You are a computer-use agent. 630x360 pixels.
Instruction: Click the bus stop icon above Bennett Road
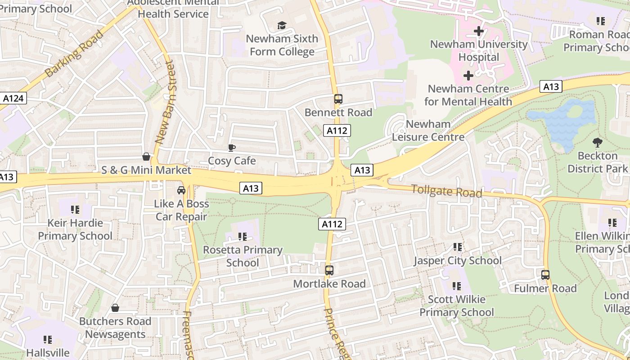(x=338, y=99)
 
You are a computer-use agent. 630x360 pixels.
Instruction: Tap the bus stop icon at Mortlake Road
(x=329, y=270)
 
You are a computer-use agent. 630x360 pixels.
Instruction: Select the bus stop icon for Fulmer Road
(x=545, y=275)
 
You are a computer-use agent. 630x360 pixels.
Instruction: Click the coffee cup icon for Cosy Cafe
(x=232, y=148)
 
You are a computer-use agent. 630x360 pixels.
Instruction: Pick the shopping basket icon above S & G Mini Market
(x=146, y=157)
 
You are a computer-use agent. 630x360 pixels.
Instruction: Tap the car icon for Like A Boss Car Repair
(x=181, y=190)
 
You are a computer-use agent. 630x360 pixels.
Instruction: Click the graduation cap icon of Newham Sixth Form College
(x=282, y=25)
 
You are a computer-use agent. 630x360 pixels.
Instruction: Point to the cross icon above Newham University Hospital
(x=479, y=31)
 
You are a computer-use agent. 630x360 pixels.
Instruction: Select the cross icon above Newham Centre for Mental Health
(x=468, y=75)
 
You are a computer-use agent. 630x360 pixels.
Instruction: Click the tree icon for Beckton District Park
(x=598, y=143)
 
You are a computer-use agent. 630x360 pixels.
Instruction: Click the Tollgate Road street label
(x=446, y=191)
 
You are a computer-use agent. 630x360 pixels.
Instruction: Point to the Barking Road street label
(x=74, y=53)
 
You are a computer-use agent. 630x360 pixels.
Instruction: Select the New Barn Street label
(x=164, y=103)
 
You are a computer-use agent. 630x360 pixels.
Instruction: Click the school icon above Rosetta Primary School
(x=243, y=236)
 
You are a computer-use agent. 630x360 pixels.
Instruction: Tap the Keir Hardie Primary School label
(x=75, y=229)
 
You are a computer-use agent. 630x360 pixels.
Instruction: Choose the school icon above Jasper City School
(x=458, y=247)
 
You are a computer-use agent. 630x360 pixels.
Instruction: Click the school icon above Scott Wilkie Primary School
(x=457, y=286)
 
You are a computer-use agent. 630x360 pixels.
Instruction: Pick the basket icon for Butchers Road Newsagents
(x=115, y=308)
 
